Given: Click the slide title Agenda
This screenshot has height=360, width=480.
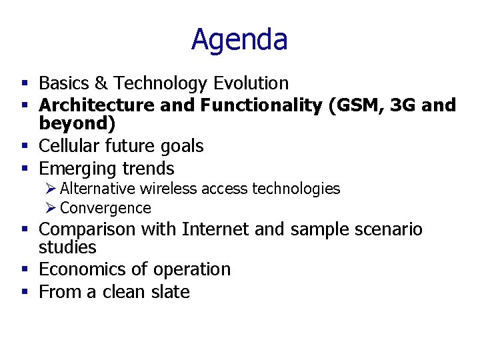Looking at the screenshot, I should click(x=239, y=39).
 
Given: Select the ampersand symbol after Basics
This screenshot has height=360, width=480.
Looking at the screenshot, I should click(x=102, y=83).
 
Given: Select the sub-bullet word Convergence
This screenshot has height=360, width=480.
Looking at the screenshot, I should click(x=105, y=208).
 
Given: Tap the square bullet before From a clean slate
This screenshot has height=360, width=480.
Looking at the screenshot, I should click(x=24, y=292).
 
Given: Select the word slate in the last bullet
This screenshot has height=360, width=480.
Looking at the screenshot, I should click(x=171, y=292).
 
